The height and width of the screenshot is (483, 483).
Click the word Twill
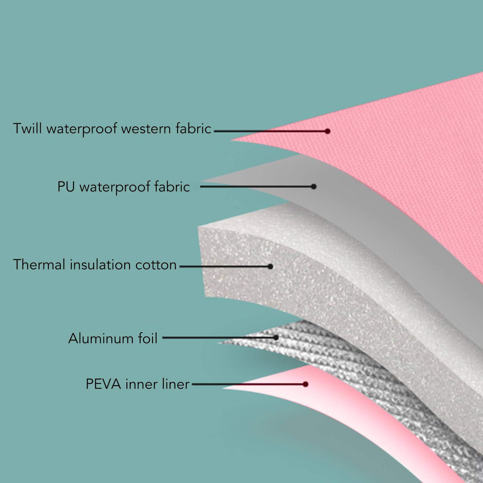[27, 129]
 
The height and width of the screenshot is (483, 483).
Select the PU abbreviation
[66, 187]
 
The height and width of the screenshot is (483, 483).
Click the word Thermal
[39, 265]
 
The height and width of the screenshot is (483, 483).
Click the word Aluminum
[101, 338]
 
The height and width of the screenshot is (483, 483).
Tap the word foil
[148, 338]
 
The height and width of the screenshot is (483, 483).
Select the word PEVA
[103, 384]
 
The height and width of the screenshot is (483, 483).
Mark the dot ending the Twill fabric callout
[328, 131]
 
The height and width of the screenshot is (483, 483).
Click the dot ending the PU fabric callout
[314, 186]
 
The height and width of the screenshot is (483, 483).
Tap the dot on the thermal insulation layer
[270, 266]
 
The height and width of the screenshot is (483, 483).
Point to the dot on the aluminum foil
[276, 338]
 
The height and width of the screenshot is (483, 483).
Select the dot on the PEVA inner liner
[306, 384]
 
